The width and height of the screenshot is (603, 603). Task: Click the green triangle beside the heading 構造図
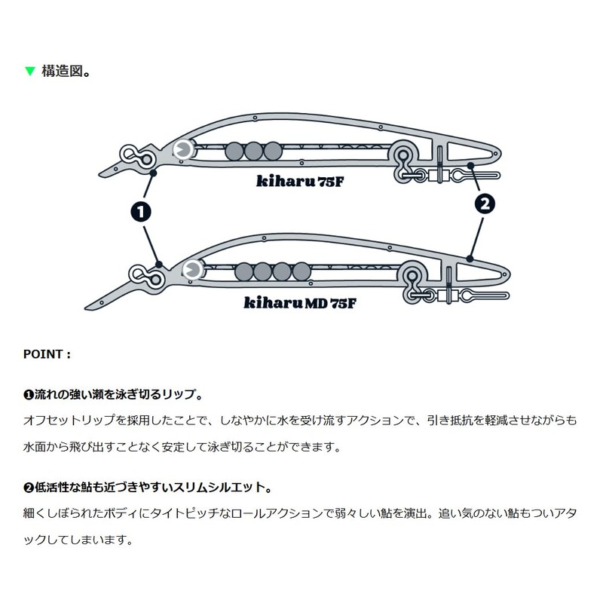(29, 71)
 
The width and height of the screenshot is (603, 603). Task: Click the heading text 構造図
(62, 71)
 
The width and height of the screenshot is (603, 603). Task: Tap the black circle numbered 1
(141, 212)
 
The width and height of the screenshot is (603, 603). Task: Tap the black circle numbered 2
(485, 204)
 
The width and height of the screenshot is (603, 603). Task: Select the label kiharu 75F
(299, 181)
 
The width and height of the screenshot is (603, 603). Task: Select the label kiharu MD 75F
(300, 303)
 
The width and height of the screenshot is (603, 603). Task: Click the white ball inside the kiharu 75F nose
(183, 150)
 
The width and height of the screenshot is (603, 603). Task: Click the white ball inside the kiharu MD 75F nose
(192, 270)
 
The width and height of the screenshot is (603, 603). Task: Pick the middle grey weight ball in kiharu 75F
(253, 152)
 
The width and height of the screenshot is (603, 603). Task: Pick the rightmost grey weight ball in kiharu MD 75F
(301, 271)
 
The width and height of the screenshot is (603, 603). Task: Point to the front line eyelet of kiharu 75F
(137, 155)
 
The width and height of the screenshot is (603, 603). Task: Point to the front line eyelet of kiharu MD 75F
(146, 275)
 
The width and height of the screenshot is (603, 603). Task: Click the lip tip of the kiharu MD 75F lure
(86, 308)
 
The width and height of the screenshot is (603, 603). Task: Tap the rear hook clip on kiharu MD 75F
(485, 295)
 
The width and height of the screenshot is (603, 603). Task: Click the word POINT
(43, 354)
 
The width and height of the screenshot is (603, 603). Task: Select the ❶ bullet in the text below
(29, 395)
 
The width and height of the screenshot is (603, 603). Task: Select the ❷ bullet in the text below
(29, 488)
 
